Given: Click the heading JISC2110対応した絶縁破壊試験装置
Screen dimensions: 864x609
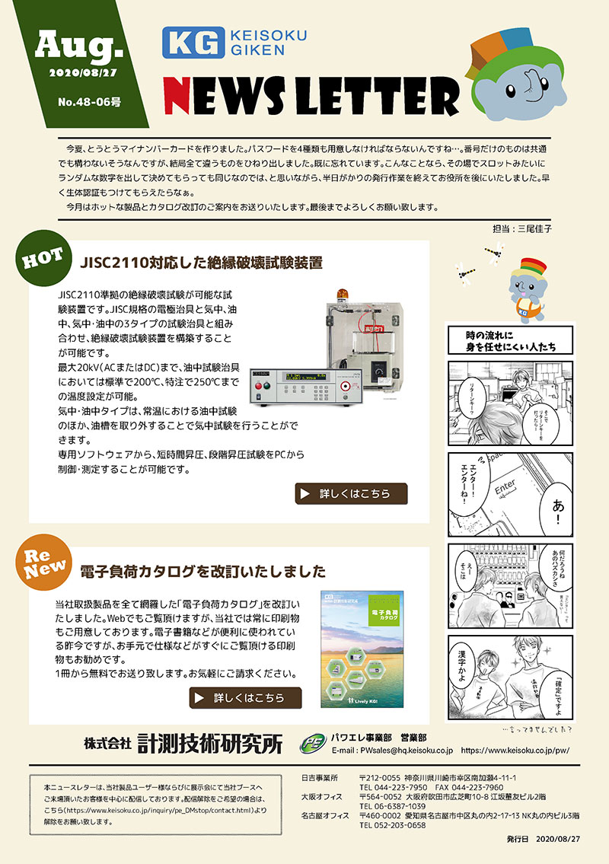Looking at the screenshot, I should [201, 263].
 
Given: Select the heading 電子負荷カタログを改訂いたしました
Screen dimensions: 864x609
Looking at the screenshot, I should [202, 571].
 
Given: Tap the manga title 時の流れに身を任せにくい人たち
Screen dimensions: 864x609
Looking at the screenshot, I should [511, 341].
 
